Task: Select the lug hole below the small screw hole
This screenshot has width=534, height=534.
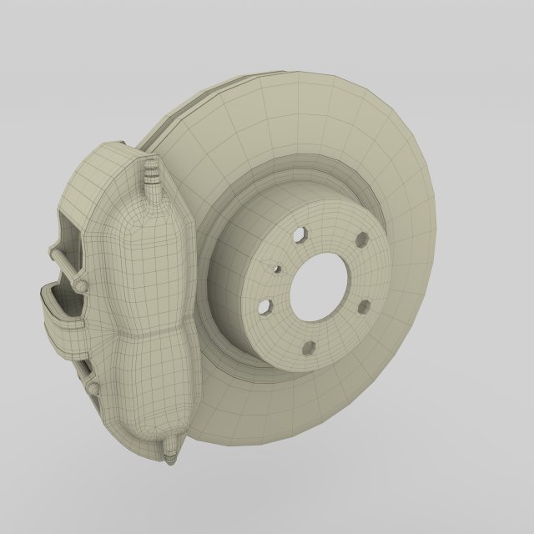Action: point(265,307)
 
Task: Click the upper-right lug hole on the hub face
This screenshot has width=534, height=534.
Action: point(362,240)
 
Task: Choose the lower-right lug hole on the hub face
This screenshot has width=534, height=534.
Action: point(363,308)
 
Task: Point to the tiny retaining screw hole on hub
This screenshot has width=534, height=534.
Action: point(276,268)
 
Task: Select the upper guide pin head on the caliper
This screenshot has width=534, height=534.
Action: point(80,285)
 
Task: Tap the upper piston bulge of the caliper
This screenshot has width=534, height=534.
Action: point(154,259)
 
